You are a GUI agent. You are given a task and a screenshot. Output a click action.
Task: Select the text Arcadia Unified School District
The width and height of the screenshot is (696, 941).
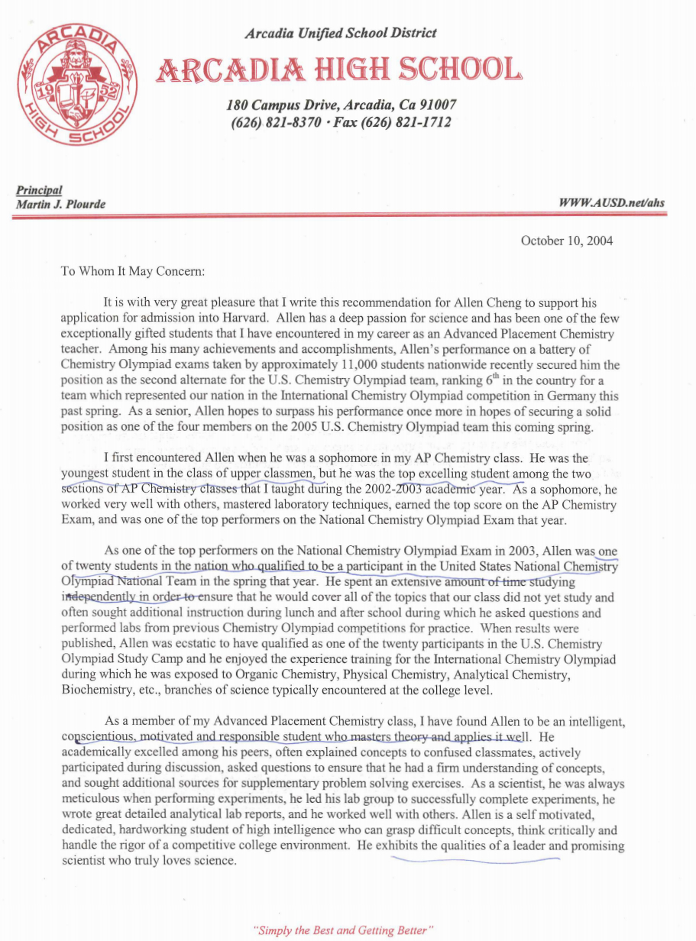341,33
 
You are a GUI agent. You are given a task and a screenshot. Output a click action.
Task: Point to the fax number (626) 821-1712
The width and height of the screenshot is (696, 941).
402,122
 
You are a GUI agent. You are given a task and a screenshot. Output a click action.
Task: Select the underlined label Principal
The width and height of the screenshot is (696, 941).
38,190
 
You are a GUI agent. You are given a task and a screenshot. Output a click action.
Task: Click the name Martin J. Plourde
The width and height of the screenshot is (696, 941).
60,203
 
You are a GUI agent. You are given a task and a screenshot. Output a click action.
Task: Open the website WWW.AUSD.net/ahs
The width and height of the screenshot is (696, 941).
611,202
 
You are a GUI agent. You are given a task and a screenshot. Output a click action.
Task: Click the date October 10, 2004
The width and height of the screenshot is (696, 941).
566,241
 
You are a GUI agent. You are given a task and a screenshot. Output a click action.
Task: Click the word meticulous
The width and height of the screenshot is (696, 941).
89,800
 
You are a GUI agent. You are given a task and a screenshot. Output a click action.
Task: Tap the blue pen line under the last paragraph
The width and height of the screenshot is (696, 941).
474,859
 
